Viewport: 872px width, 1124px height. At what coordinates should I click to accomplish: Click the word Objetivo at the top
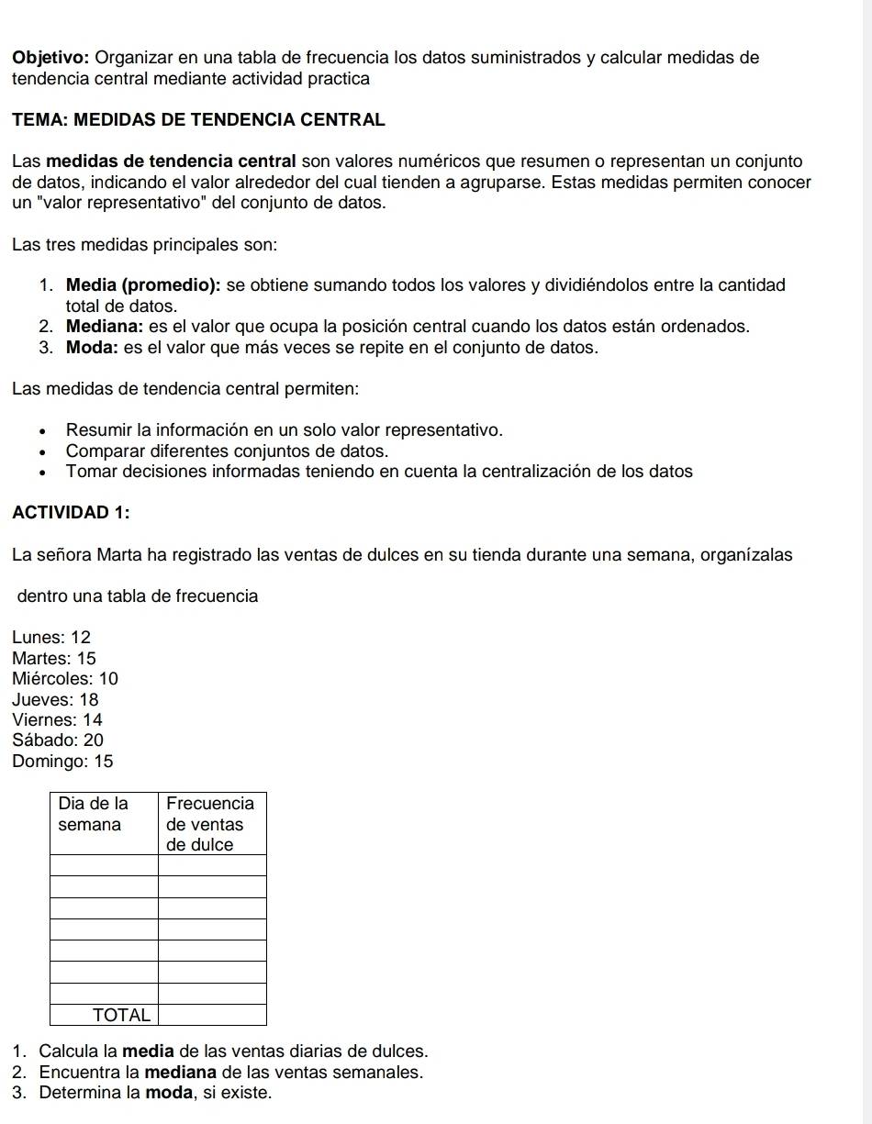pyautogui.click(x=51, y=58)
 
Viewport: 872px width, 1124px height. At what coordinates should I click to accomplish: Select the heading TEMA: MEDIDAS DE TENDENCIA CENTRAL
pyautogui.click(x=199, y=120)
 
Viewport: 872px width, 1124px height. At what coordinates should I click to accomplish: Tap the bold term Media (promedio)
pyautogui.click(x=142, y=285)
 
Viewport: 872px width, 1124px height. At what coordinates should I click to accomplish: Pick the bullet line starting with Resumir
pyautogui.click(x=285, y=430)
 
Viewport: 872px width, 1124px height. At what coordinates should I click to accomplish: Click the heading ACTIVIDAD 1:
pyautogui.click(x=72, y=513)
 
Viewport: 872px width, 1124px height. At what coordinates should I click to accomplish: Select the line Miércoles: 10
pyautogui.click(x=66, y=679)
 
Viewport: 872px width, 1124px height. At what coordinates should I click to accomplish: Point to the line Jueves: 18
pyautogui.click(x=56, y=700)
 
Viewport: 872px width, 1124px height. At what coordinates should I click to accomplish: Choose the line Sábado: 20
pyautogui.click(x=59, y=740)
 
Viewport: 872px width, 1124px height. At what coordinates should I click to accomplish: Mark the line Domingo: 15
pyautogui.click(x=63, y=762)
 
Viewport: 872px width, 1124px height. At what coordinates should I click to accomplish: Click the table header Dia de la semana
pyautogui.click(x=94, y=814)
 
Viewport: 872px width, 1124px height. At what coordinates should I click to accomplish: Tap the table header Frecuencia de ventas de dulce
pyautogui.click(x=210, y=823)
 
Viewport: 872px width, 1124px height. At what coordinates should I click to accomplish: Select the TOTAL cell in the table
pyautogui.click(x=121, y=1015)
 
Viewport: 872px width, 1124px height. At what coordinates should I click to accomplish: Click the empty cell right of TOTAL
pyautogui.click(x=212, y=1015)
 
